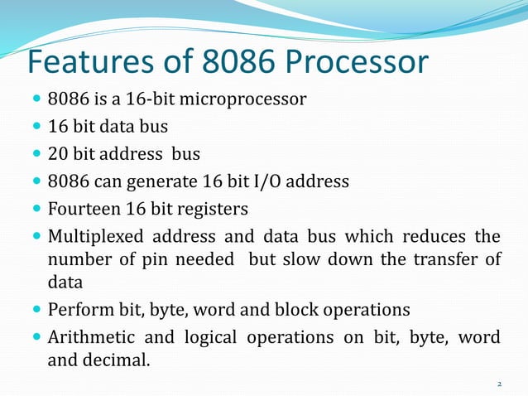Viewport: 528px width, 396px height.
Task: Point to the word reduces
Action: [436, 235]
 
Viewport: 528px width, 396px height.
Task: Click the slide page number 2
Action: [500, 384]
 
